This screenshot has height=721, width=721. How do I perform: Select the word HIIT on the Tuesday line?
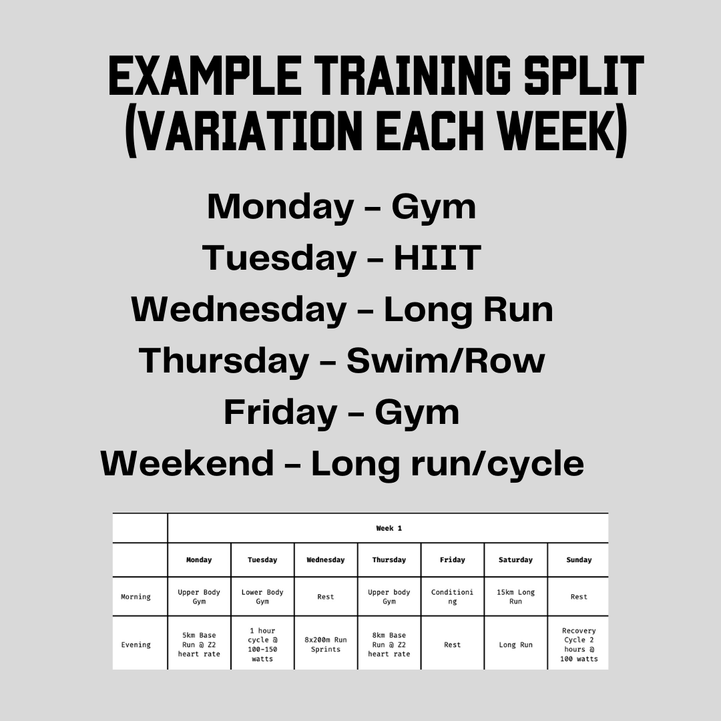coord(437,258)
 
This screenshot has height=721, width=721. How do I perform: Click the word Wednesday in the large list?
coord(238,310)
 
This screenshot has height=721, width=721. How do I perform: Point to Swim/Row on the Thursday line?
coord(445,361)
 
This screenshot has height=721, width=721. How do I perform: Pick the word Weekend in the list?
coord(187,463)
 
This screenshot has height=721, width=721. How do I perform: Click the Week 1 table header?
coord(389,528)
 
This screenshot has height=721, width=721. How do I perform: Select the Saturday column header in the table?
coord(515,560)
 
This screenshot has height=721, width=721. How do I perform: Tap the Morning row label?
coord(136,597)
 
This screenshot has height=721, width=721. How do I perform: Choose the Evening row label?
coord(136,645)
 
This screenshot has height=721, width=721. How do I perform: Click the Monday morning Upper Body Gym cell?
coord(199,597)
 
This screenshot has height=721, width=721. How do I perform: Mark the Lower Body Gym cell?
coord(262,597)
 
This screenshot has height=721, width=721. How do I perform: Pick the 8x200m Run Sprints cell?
coord(326,645)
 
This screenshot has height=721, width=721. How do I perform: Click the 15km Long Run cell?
coord(515,597)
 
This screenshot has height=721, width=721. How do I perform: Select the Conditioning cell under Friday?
coord(452,597)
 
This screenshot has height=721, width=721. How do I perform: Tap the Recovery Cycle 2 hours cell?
coord(579,645)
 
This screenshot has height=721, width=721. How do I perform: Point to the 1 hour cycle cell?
coord(262,645)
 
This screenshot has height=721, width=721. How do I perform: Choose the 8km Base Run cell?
coord(389,645)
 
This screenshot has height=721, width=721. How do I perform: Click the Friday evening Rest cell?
coord(452,645)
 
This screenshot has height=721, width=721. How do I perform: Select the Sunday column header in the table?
coord(579,560)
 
